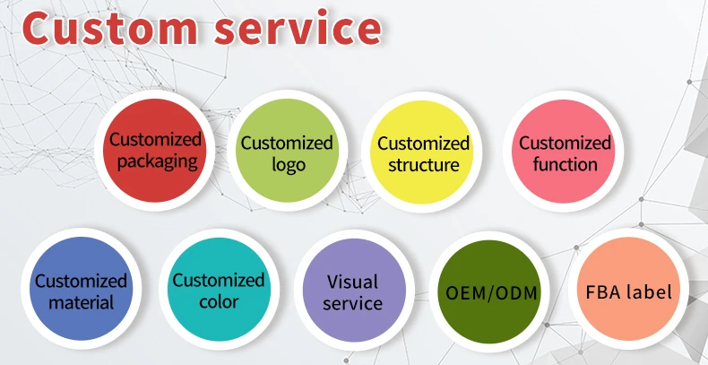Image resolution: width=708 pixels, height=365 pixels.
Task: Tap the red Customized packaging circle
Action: (x=155, y=151)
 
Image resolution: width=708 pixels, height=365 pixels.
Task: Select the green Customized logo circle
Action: (x=287, y=152)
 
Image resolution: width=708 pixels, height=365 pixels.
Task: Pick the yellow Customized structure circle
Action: (x=423, y=152)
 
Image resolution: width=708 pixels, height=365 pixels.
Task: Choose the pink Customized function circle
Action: (x=565, y=152)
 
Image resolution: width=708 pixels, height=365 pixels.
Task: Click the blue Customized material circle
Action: (x=81, y=291)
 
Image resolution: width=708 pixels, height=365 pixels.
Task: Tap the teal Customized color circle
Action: (x=218, y=291)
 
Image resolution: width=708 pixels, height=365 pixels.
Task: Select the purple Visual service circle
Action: (x=353, y=292)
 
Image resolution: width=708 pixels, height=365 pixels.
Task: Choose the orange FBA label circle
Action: (x=628, y=291)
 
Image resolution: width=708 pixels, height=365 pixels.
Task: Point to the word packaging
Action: (x=157, y=162)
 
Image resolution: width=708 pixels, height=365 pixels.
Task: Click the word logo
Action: (x=288, y=165)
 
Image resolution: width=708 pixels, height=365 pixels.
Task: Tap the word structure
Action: (x=424, y=165)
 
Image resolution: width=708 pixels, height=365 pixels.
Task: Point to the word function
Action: (x=565, y=164)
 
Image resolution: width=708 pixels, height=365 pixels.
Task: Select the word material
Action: (x=82, y=303)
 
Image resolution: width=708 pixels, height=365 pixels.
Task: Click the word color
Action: (x=219, y=302)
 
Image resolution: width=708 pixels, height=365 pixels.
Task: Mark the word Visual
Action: (x=353, y=281)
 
